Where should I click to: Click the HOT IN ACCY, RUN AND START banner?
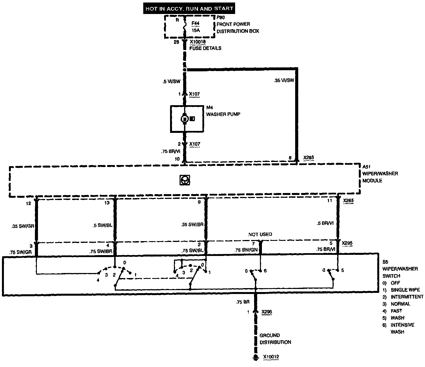pos(189,8)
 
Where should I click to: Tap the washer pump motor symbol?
pos(184,119)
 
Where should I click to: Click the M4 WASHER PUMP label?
pos(223,111)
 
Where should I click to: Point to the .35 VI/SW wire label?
pos(284,81)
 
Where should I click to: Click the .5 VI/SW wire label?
pos(171,82)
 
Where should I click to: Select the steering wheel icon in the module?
pos(185,180)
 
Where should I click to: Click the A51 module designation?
pos(366,166)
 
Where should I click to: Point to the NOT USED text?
pos(260,234)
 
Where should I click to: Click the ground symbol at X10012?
pos(255,357)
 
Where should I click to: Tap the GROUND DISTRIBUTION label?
pos(275,339)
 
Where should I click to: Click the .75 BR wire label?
pos(242,302)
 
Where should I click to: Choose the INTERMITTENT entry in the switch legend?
pos(407,297)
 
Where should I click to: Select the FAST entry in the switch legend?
pos(396,311)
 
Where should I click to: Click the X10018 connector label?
pos(198,42)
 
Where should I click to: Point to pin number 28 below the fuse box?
pos(176,42)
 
